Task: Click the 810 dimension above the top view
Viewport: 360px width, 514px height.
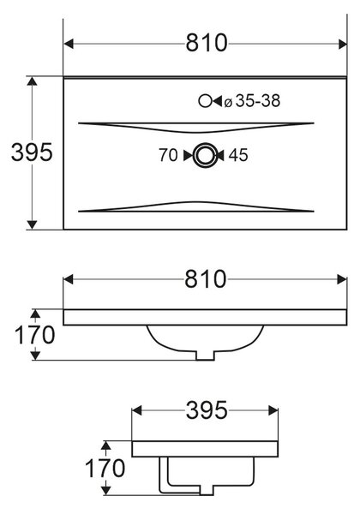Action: [x=207, y=43]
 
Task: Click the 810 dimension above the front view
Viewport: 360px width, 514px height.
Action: [x=205, y=279]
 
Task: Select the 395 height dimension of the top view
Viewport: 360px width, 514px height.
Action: [x=32, y=152]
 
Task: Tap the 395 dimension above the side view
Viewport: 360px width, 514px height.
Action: [x=207, y=410]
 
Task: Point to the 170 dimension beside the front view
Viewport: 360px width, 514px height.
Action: [x=35, y=335]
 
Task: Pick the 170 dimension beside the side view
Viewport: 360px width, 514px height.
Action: [x=105, y=468]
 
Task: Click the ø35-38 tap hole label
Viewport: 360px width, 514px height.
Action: [x=252, y=101]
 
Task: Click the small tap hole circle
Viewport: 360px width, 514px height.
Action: [x=205, y=101]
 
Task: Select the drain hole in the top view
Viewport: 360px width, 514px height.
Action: [x=205, y=155]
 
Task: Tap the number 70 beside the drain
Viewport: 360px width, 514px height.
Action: [x=168, y=155]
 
